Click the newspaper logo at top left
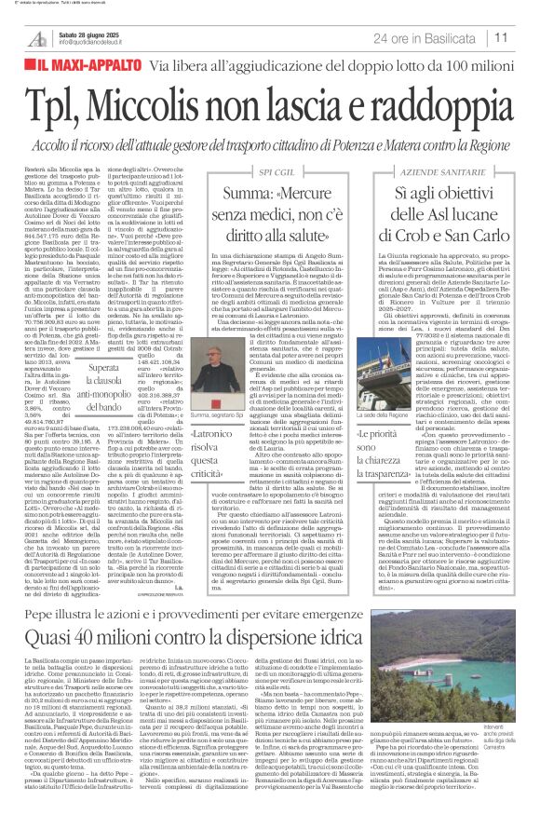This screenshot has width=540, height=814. click(36, 38)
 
